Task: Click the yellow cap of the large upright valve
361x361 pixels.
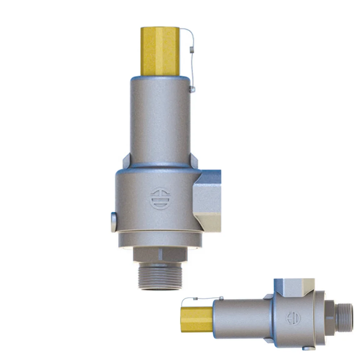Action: pos(160,51)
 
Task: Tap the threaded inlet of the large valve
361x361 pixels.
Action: pos(160,277)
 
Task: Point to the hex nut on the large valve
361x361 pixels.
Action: pos(160,254)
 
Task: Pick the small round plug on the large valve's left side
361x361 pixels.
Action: pos(114,222)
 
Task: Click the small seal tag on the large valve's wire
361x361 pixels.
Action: pos(191,51)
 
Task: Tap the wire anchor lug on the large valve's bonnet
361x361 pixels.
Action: pos(192,89)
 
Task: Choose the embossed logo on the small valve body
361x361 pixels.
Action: pos(293,318)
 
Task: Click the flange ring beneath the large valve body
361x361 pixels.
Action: pos(160,239)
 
